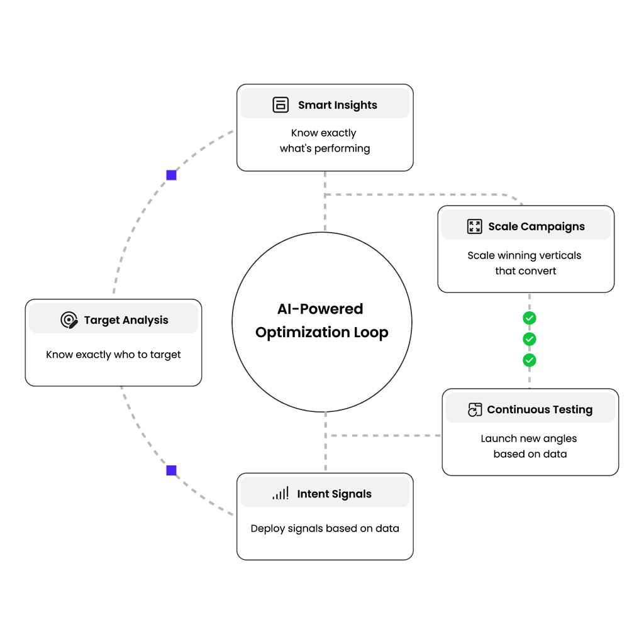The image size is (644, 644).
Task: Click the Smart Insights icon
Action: (x=280, y=105)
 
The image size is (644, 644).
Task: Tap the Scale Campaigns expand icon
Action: (x=474, y=226)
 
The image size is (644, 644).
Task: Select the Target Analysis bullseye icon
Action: (x=69, y=320)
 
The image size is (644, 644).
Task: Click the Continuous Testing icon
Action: (x=475, y=410)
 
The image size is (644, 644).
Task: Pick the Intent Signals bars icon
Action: (x=280, y=494)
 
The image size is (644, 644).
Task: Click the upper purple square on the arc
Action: (x=171, y=175)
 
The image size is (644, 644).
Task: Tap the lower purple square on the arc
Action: (x=171, y=470)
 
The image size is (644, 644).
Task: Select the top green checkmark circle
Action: (x=530, y=318)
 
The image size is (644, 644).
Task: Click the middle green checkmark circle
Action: (x=530, y=339)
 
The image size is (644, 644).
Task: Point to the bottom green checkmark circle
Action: (x=530, y=360)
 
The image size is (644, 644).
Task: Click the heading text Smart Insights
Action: (x=338, y=105)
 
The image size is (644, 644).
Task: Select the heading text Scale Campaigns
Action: (x=536, y=226)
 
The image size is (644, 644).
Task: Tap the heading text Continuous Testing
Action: (x=540, y=410)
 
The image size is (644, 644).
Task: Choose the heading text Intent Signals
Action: (x=334, y=494)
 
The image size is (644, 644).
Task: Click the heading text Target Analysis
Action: (x=126, y=320)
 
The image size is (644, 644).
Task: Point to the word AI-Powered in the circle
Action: (x=320, y=309)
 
